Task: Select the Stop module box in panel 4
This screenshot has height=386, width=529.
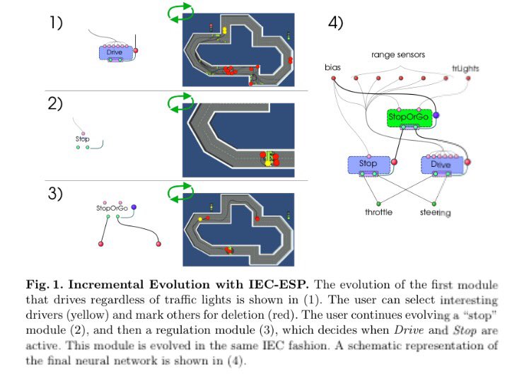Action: click(368, 164)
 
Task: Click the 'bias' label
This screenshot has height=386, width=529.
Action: click(332, 68)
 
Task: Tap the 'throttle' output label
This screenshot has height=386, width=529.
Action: click(378, 212)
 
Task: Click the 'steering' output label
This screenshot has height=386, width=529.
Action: click(437, 212)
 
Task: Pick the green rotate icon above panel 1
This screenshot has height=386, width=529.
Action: click(180, 10)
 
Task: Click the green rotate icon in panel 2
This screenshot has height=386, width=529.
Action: click(180, 103)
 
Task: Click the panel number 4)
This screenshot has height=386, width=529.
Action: click(335, 23)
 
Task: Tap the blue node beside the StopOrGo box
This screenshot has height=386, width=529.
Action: click(436, 115)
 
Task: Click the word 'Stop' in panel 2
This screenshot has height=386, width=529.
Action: click(83, 139)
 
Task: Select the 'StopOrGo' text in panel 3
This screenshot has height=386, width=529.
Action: click(112, 209)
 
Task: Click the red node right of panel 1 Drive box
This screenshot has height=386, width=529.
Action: click(136, 51)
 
